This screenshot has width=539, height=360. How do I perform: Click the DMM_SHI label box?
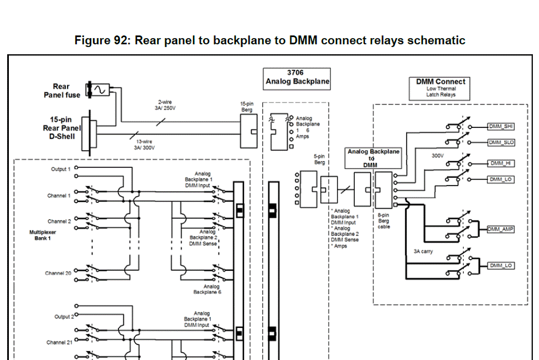tap(501, 126)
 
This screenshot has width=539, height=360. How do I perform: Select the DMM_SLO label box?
tap(501, 142)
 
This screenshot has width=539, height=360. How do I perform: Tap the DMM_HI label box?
tap(500, 163)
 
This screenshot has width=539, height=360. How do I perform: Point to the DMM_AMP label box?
tap(500, 229)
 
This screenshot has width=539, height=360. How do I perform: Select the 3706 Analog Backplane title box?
tap(296, 78)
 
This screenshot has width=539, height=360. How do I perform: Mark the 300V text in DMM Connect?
tap(438, 156)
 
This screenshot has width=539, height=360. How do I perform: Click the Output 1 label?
tap(61, 169)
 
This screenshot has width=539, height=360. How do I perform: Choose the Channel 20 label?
tap(58, 273)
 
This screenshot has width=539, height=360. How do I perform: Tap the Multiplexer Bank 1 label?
tap(42, 235)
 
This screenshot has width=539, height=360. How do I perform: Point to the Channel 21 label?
tap(58, 342)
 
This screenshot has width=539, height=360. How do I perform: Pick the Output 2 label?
tap(63, 316)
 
